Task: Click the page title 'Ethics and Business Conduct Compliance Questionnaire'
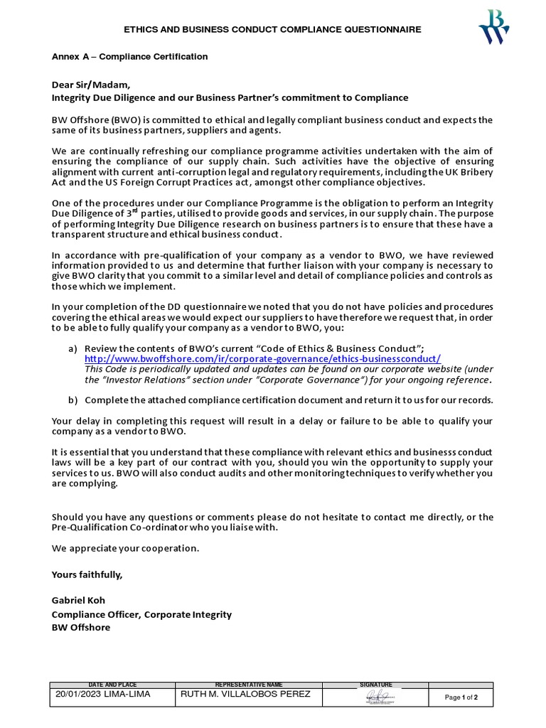coord(272,29)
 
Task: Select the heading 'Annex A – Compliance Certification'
coord(129,56)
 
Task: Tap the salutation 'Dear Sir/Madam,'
coord(91,85)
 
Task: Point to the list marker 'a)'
coord(73,348)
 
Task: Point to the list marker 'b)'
coord(73,400)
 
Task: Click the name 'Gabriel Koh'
coord(78,600)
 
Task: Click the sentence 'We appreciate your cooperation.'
coord(126,548)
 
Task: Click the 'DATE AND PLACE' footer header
coord(112,684)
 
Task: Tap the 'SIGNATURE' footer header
coord(376,684)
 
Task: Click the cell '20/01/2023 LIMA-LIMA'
coord(102,695)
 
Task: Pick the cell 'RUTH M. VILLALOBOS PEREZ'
coord(246,695)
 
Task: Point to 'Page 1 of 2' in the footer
coord(461,697)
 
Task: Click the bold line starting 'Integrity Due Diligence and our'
coord(230,97)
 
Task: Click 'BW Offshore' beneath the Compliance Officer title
coord(80,627)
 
